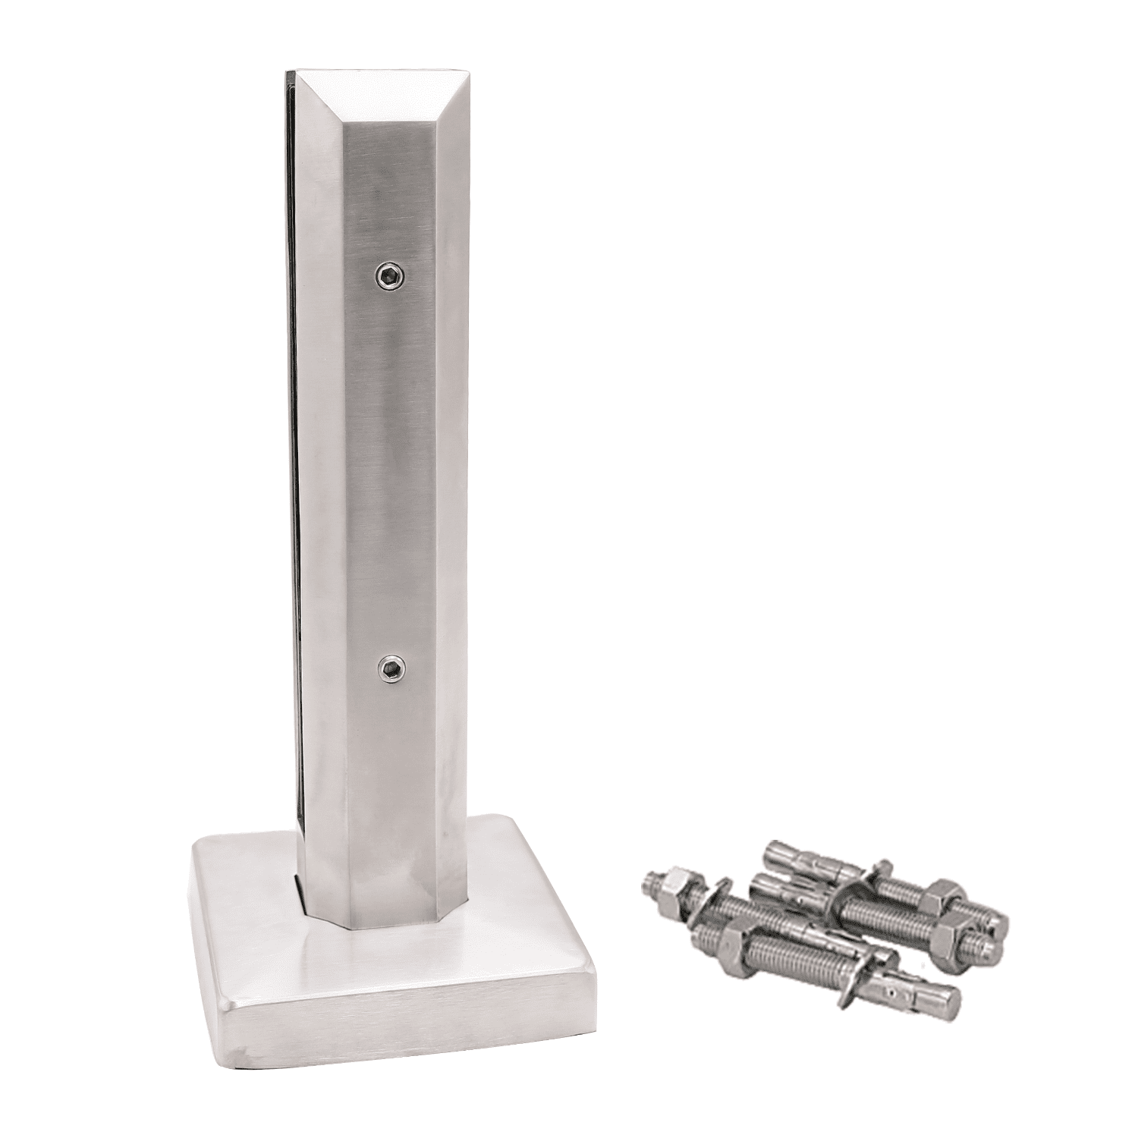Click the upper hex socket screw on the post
388,278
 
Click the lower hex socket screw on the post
390,668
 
